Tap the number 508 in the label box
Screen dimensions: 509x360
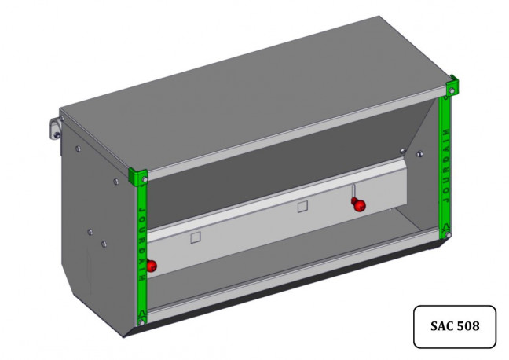(468, 326)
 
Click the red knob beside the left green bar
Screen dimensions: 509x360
(152, 266)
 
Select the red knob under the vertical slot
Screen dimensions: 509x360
(359, 204)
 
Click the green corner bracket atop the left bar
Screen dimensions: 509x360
(137, 176)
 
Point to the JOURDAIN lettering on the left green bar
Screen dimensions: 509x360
(142, 244)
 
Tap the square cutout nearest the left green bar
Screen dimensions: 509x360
(196, 237)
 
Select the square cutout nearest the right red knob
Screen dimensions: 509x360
(302, 207)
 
